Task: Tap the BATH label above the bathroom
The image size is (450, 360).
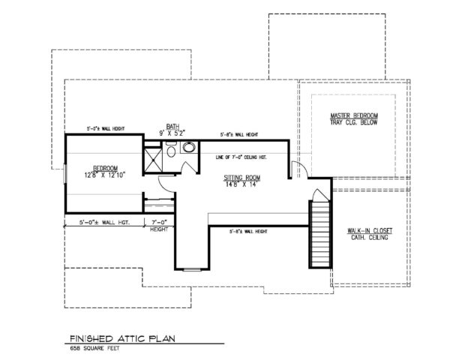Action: click(x=173, y=126)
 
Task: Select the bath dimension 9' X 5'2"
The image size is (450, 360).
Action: click(x=173, y=133)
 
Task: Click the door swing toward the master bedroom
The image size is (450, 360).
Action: click(x=298, y=169)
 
